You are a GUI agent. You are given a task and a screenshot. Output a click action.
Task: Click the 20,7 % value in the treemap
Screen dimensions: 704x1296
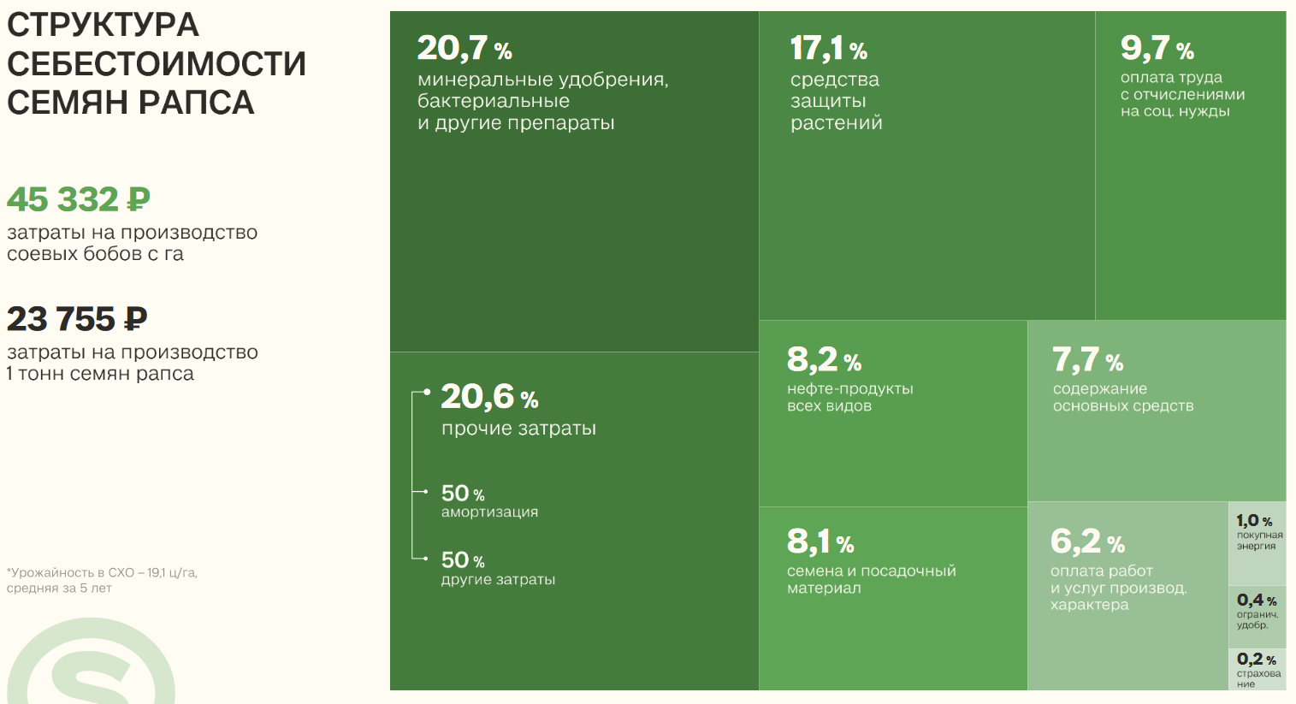465,49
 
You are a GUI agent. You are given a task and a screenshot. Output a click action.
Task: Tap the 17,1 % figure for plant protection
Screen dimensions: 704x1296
828,49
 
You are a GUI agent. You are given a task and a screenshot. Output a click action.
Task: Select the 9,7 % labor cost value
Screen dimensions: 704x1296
1157,49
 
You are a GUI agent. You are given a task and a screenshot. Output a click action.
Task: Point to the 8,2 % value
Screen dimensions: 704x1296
824,360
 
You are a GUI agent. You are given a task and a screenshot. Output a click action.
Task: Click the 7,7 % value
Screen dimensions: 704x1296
1087,360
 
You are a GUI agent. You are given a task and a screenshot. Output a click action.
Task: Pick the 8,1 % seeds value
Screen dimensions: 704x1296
820,541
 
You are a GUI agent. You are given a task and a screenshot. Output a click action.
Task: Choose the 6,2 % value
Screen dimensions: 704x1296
1087,541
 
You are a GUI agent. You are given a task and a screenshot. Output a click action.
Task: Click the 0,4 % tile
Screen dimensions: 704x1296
1257,611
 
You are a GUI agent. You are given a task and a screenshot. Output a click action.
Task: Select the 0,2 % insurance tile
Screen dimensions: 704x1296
1257,670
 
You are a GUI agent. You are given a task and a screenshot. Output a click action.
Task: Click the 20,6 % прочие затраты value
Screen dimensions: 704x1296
489,397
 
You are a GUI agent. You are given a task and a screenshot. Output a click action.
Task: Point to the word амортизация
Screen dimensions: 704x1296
489,512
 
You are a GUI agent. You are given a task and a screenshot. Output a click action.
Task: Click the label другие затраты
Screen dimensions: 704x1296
498,580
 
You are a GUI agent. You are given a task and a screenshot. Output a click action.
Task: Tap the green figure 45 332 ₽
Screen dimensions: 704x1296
79,200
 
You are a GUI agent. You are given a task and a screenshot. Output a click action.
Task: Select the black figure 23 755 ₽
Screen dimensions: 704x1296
77,319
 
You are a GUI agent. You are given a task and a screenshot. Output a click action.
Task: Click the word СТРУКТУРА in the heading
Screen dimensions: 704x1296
103,25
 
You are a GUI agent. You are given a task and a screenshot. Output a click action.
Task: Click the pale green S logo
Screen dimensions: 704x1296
90,667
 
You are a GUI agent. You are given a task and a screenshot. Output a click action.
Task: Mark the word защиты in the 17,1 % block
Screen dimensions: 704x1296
828,101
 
